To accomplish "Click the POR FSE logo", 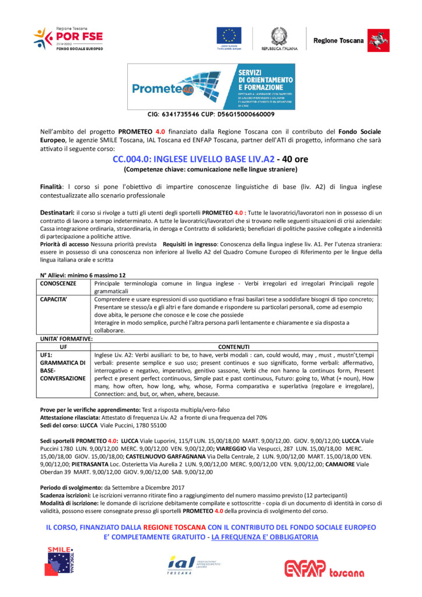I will pos(68,38).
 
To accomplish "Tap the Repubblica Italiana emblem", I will pos(278,37).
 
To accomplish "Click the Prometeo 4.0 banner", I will pos(211,86).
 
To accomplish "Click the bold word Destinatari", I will pos(57,213).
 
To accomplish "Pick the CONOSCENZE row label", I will pos(58,283).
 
